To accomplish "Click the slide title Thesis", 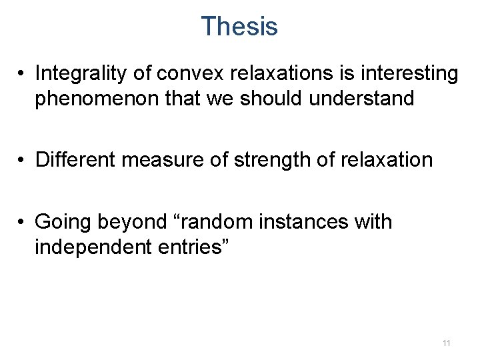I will [x=239, y=27].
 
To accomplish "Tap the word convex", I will [x=177, y=73].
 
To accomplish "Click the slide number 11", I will [x=446, y=343].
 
